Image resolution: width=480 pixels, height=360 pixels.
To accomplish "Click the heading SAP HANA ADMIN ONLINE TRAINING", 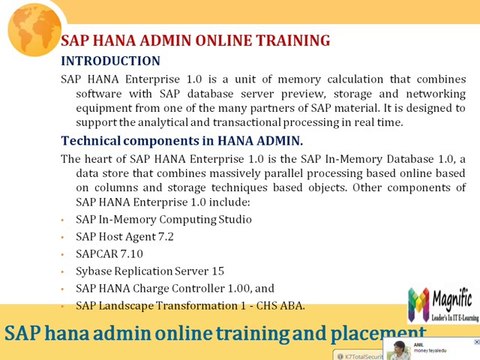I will click(x=195, y=41).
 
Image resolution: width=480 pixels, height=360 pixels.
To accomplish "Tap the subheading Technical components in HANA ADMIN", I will click(x=181, y=140).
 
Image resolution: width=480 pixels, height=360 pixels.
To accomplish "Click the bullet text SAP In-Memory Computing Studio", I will click(x=164, y=218).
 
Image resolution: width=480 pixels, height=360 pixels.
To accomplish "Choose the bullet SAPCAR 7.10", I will click(x=111, y=254).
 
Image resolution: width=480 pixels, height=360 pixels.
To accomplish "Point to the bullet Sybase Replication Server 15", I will click(x=150, y=271).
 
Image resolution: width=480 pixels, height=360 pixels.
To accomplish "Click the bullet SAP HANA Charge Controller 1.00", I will click(x=175, y=288).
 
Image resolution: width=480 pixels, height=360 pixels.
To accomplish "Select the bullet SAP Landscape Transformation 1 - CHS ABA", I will click(x=190, y=305).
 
